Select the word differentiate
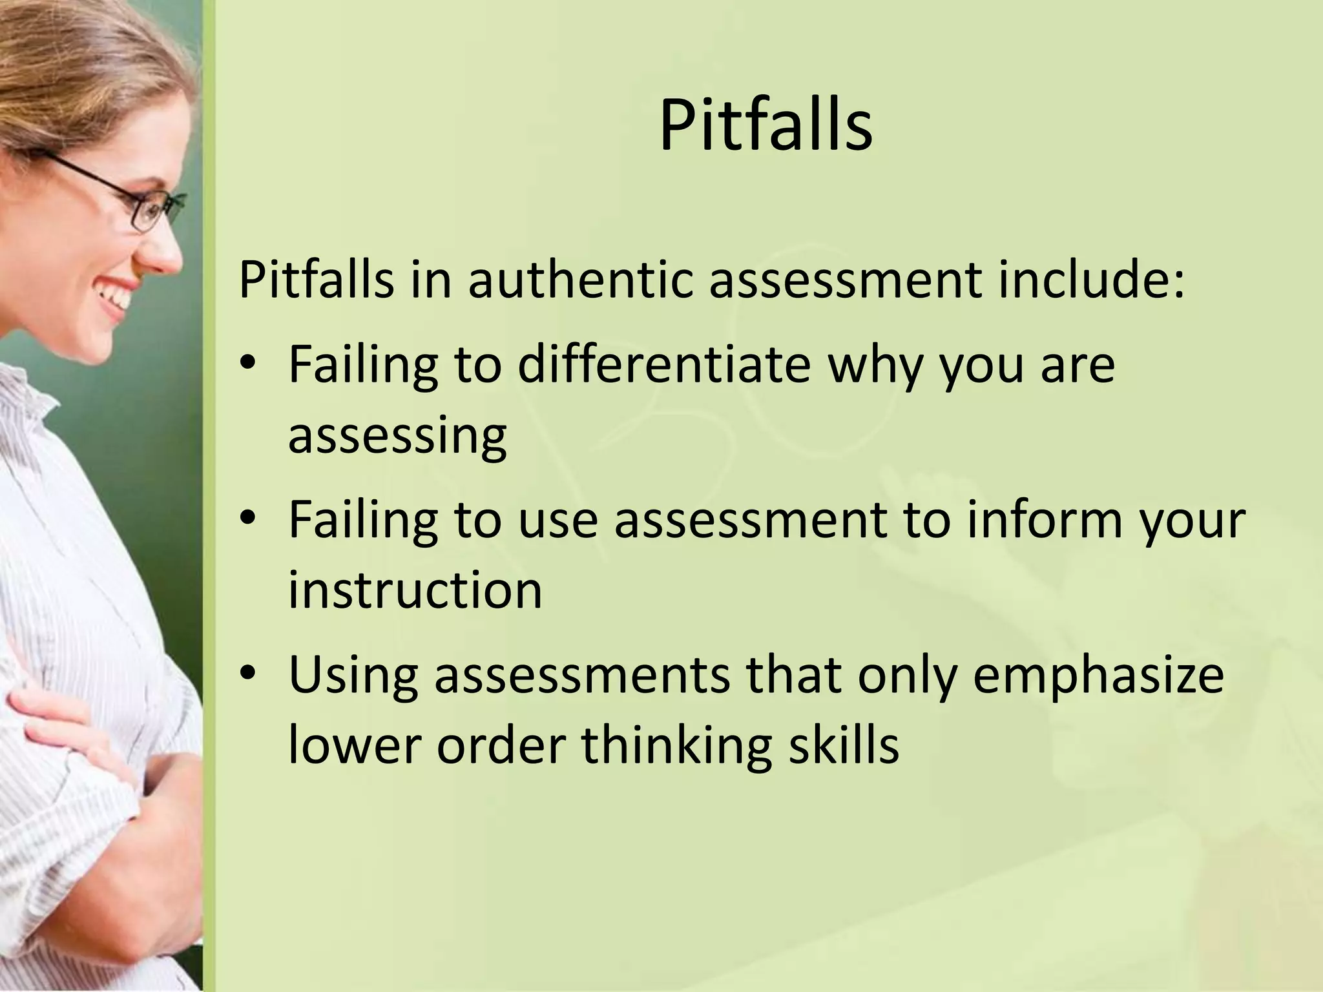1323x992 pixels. click(664, 364)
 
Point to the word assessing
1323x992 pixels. click(397, 437)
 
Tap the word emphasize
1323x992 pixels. click(1098, 676)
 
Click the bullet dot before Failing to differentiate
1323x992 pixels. click(247, 366)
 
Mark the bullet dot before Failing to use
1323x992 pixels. click(247, 520)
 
